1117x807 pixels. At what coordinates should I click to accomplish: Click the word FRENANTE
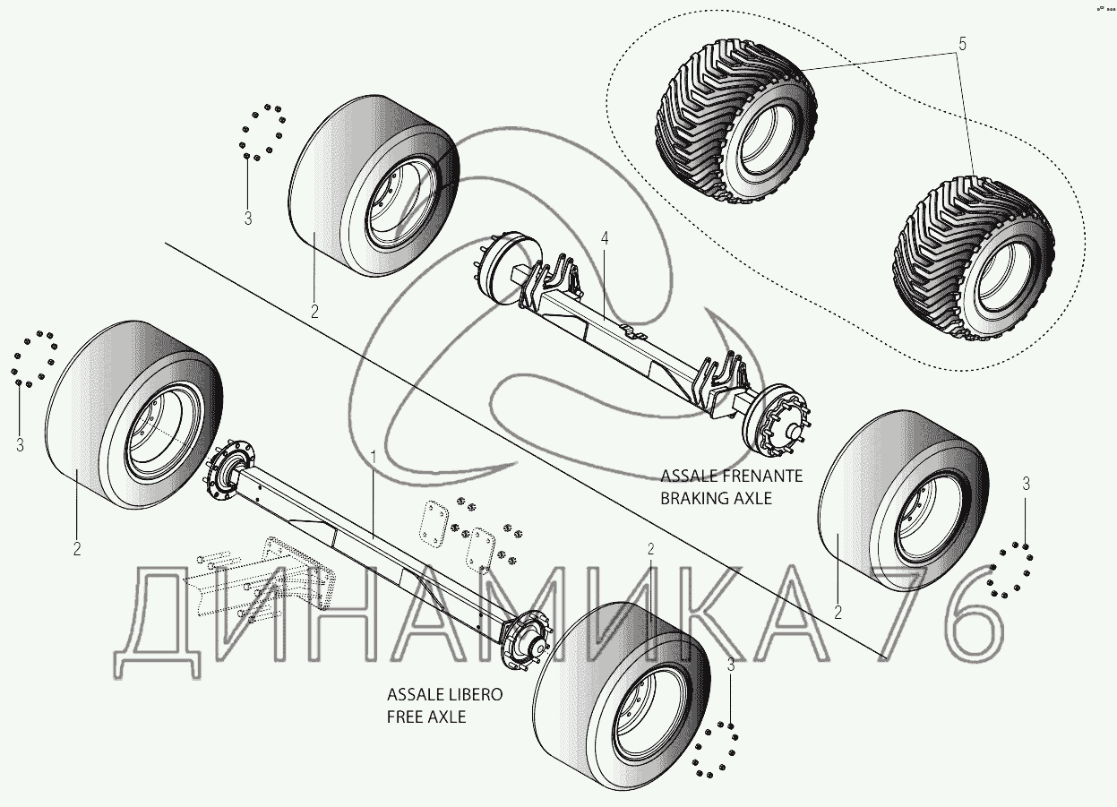(x=762, y=476)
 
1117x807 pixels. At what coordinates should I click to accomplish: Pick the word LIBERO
(x=468, y=695)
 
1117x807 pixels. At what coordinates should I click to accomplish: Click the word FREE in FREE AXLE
(x=404, y=717)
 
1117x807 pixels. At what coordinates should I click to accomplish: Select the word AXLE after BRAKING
(x=751, y=498)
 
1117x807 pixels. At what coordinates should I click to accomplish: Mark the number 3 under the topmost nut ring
(x=248, y=218)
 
